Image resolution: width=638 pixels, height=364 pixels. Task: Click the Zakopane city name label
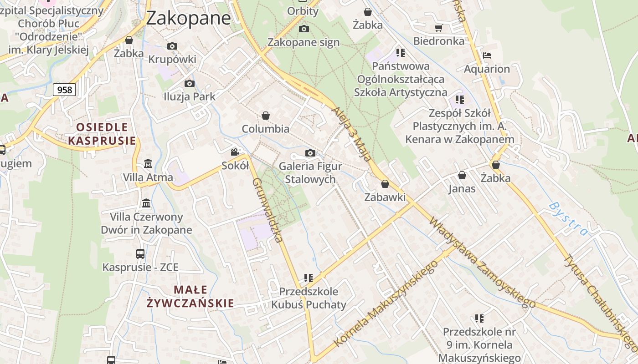188,18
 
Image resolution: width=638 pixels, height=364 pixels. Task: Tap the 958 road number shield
65,90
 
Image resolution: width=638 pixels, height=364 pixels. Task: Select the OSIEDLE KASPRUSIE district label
102,134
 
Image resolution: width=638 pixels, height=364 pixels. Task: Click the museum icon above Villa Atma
148,163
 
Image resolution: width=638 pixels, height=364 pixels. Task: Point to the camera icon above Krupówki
172,46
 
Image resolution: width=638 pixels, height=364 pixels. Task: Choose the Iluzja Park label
190,96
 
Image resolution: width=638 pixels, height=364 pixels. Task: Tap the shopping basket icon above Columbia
266,116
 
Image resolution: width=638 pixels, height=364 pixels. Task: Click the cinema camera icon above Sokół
235,152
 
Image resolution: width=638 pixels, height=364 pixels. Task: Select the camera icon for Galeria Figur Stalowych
310,153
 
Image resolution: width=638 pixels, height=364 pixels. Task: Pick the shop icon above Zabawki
385,184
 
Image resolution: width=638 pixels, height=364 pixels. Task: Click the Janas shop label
462,189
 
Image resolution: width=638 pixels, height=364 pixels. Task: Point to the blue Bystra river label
568,218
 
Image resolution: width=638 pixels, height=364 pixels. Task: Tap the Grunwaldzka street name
268,210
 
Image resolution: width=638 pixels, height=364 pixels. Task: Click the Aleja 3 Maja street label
352,135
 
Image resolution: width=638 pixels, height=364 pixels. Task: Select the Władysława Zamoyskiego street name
482,263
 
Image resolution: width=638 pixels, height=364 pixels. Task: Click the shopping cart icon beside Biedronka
439,28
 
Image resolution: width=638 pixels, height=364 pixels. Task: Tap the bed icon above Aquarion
487,56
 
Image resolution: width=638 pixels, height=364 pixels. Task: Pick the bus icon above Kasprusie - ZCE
140,254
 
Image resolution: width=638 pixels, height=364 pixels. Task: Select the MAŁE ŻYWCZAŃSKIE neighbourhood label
190,296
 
